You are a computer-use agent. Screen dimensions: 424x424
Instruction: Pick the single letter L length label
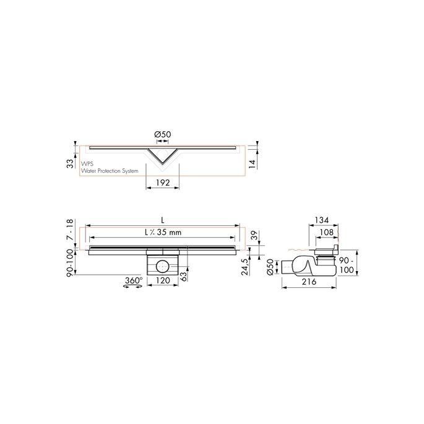(x=162, y=220)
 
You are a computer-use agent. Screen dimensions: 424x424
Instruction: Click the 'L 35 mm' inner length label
(x=163, y=233)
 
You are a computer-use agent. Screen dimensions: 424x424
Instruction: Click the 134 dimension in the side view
(x=321, y=219)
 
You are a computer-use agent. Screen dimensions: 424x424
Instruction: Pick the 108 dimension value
(x=327, y=232)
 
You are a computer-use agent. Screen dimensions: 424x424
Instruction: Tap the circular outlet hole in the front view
(x=162, y=267)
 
